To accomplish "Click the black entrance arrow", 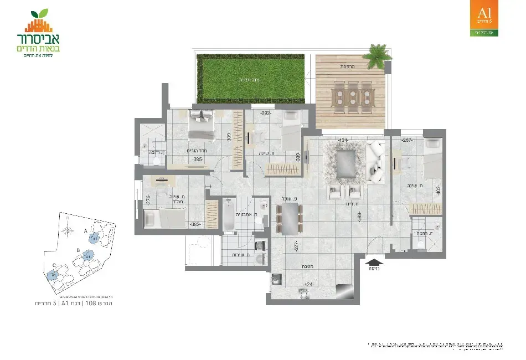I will point(374,258).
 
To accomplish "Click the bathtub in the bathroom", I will point(229,215).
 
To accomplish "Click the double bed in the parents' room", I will point(200,126).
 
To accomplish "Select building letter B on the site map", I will point(79,250).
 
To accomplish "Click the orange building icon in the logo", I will point(37,24).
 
